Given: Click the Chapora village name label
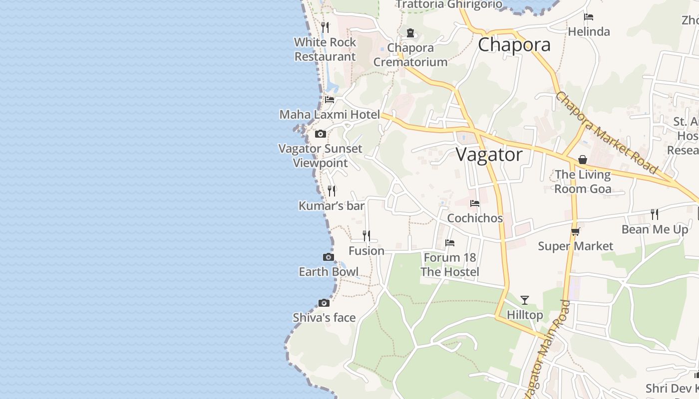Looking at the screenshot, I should [x=514, y=45].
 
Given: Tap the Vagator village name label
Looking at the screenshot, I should [x=489, y=155].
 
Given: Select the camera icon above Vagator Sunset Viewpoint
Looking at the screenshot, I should [x=321, y=134].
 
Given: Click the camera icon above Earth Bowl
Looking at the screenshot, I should [x=329, y=257].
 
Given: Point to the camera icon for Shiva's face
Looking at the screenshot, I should [x=324, y=303].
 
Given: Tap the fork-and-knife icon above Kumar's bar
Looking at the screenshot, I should [x=332, y=191].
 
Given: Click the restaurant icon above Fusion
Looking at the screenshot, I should [x=366, y=235].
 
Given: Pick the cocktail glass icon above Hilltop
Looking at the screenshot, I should [x=525, y=300].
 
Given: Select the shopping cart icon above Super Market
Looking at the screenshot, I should [x=575, y=231].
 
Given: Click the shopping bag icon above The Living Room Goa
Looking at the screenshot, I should [x=583, y=160].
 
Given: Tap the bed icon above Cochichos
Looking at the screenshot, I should [x=475, y=203].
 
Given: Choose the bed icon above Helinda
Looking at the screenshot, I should [x=589, y=17].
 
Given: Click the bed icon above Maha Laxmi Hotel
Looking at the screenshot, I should [x=330, y=99].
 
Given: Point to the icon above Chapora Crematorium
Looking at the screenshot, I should [x=410, y=33].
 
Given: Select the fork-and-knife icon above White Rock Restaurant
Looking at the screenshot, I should [x=325, y=27].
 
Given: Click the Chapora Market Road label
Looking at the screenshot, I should [x=607, y=133].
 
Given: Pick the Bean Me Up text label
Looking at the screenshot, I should [x=655, y=229].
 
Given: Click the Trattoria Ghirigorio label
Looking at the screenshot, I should [x=449, y=4].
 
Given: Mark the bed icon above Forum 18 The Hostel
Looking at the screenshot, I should [x=450, y=243].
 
